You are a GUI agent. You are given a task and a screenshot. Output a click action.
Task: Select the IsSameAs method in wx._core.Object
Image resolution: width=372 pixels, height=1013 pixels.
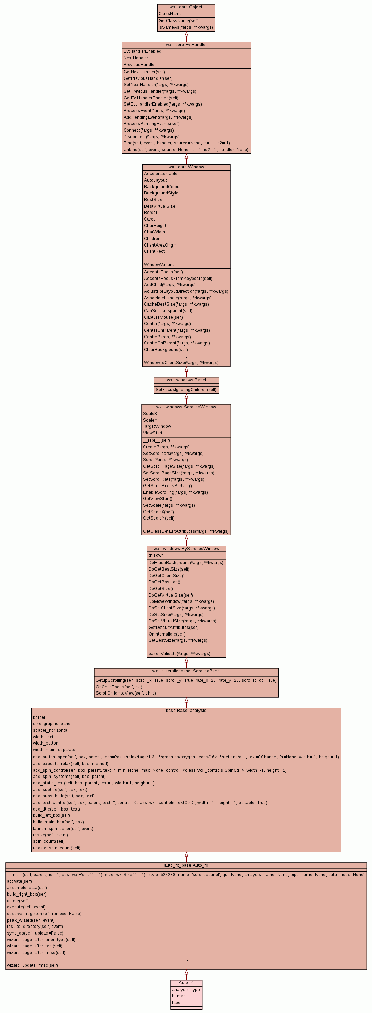click(x=185, y=27)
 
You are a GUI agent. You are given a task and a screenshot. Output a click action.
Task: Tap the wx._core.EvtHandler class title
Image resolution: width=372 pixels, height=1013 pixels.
click(x=186, y=45)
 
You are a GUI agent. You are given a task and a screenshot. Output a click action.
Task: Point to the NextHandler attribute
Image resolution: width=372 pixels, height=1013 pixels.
click(x=136, y=58)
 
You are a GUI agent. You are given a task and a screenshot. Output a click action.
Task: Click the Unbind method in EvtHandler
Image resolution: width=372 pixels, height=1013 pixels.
click(x=186, y=149)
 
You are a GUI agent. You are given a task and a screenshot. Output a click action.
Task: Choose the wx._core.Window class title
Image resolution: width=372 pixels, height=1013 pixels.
click(x=186, y=167)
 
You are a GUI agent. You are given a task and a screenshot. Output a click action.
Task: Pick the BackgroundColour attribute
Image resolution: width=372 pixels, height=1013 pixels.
click(x=162, y=187)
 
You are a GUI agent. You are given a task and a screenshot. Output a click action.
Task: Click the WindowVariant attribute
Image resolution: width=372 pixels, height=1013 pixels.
click(x=159, y=265)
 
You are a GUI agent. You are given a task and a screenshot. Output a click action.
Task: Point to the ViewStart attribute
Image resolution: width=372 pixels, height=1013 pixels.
click(x=152, y=433)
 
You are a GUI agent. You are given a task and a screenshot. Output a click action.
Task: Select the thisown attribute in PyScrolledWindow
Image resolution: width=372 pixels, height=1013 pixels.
click(x=156, y=555)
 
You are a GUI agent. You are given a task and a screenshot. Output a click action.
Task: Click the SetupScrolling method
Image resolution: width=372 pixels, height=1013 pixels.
click(x=186, y=680)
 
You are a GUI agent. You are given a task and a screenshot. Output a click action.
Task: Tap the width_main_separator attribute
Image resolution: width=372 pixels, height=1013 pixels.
click(x=54, y=749)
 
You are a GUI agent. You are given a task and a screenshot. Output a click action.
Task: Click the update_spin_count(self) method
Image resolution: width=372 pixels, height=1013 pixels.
click(x=57, y=848)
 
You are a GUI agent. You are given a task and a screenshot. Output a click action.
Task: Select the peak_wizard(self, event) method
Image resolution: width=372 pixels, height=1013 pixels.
click(x=31, y=920)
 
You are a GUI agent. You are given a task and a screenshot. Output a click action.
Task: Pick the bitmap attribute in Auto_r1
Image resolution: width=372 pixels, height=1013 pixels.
click(x=179, y=996)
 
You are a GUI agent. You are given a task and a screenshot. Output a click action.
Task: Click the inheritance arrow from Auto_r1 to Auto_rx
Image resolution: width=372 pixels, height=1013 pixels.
click(x=186, y=975)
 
